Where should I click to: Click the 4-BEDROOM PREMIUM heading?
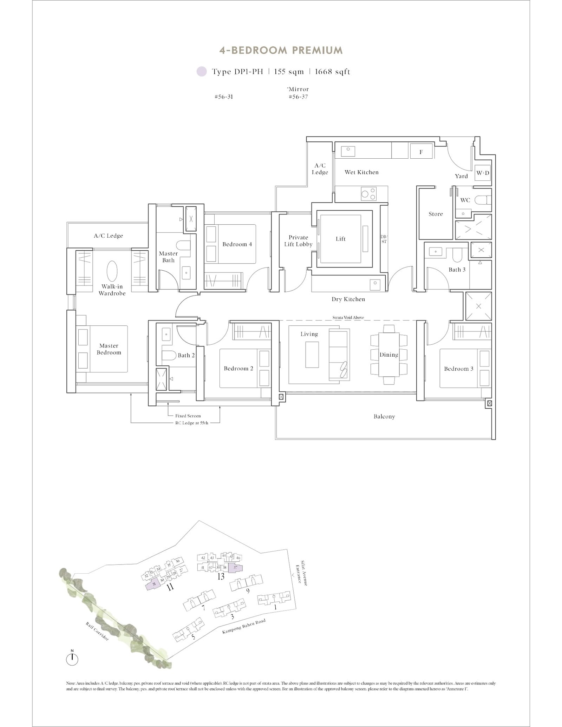281,51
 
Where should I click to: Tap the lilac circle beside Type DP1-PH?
202,72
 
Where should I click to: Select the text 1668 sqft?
332,72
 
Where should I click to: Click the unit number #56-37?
298,97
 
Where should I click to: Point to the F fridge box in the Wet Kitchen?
421,152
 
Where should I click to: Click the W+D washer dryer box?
483,173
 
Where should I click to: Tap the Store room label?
436,214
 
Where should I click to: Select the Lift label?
340,239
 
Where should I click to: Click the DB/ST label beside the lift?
384,239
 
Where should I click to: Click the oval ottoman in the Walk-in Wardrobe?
112,271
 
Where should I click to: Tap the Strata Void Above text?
348,317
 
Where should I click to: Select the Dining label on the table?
388,355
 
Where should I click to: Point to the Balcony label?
384,416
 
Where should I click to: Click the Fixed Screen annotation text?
188,416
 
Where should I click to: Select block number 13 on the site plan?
221,576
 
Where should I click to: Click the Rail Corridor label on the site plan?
97,631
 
